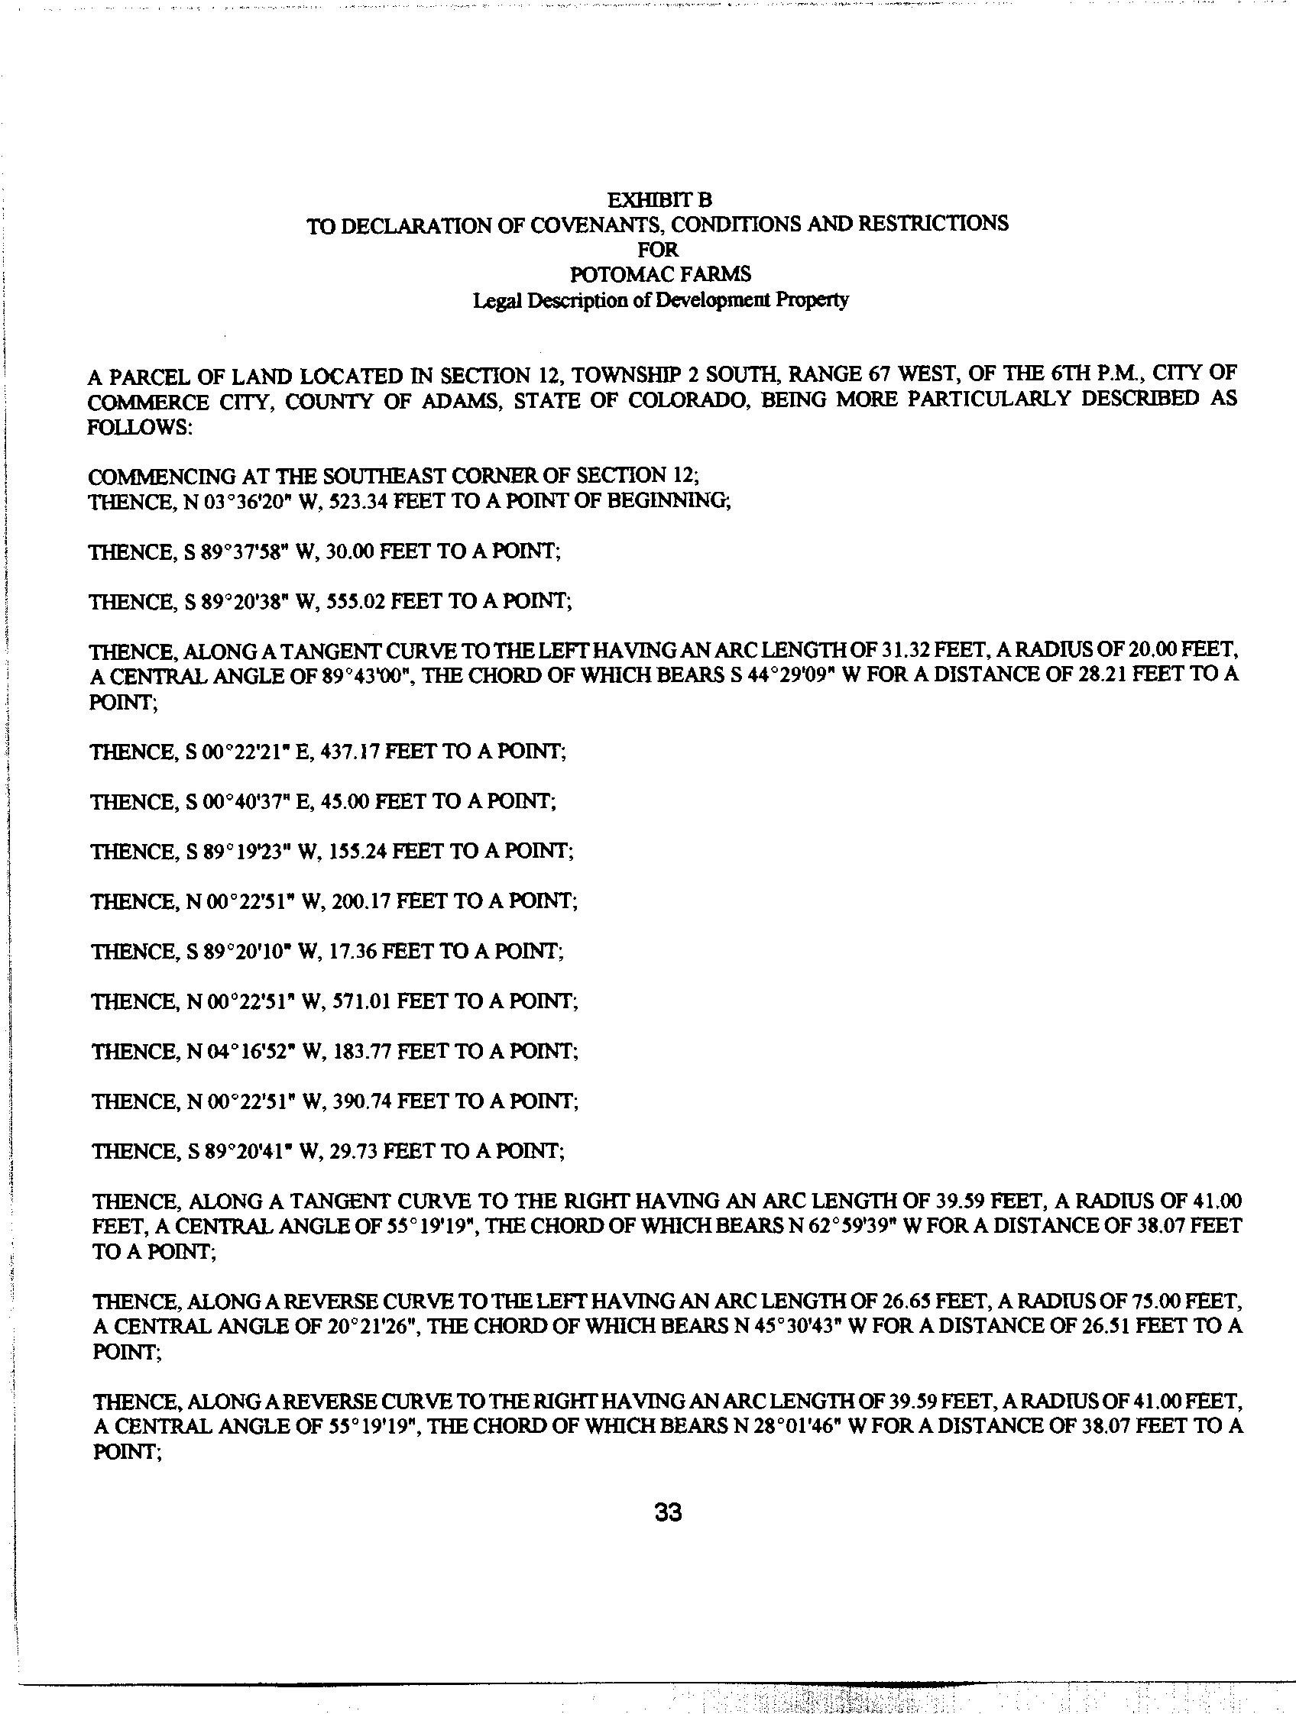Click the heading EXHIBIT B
pos(659,200)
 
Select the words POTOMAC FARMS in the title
pos(659,274)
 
